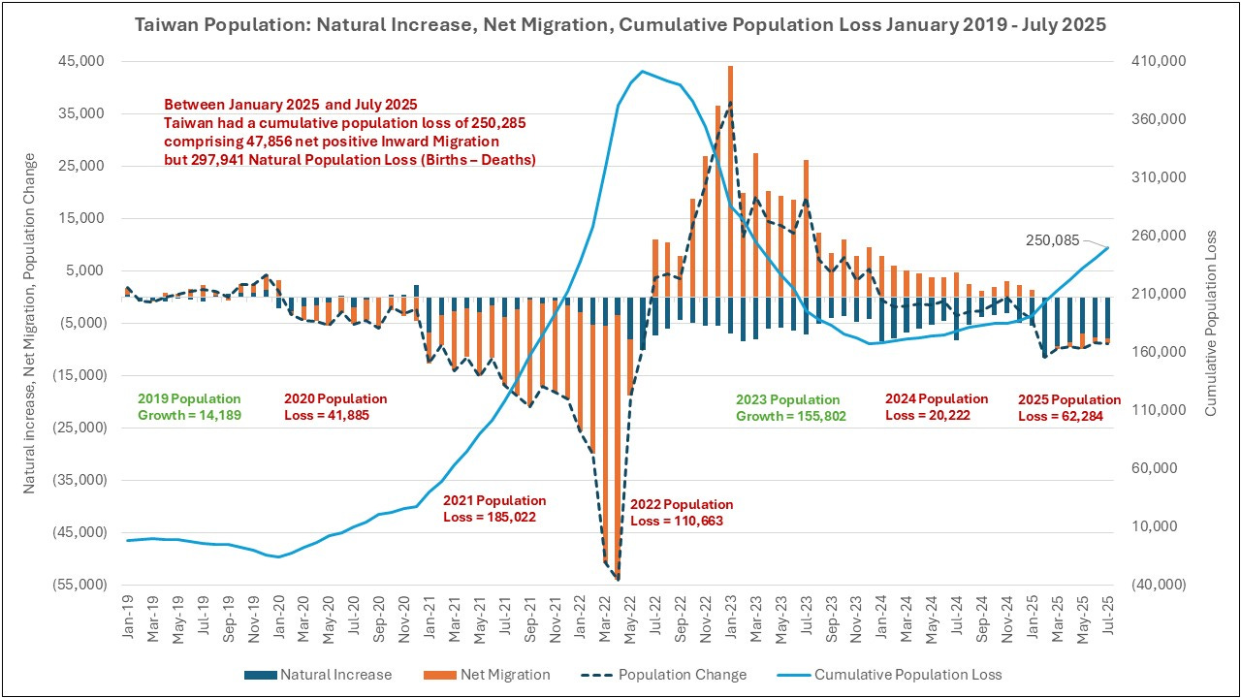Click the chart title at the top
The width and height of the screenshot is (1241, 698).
(620, 25)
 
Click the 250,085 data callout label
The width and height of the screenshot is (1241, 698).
(1052, 239)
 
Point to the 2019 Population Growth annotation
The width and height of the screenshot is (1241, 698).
(189, 407)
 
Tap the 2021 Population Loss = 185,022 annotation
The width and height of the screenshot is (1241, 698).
(494, 509)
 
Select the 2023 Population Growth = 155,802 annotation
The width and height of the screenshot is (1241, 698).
(788, 407)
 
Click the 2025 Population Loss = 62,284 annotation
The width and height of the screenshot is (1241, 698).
(1068, 407)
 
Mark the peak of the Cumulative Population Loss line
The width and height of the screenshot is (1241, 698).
(642, 71)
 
